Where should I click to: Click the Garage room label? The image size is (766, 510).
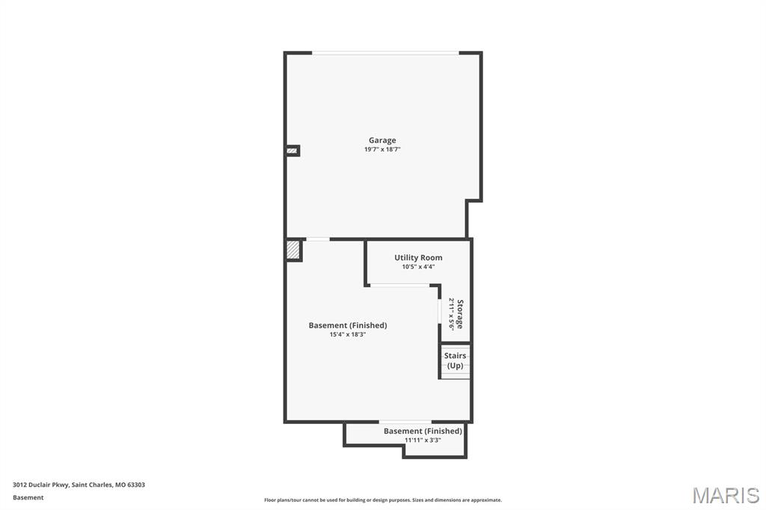(382, 140)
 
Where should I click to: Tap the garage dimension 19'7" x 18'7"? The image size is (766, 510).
(382, 150)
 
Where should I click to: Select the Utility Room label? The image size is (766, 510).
(418, 257)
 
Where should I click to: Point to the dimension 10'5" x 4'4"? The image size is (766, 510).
(418, 267)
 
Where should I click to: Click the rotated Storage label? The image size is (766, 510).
(460, 314)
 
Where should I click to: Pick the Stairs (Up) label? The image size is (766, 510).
(455, 360)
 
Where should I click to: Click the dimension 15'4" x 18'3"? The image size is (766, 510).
(347, 334)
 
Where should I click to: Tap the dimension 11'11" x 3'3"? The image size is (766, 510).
(423, 440)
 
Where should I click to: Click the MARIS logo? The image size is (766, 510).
(726, 495)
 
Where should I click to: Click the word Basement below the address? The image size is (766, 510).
(28, 497)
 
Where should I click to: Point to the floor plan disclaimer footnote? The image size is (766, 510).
(383, 500)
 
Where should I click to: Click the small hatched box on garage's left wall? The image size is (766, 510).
(292, 151)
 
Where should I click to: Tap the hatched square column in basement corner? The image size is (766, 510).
(293, 250)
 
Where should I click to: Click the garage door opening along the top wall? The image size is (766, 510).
(385, 53)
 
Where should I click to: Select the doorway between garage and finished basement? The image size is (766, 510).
(318, 239)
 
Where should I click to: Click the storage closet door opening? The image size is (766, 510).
(439, 311)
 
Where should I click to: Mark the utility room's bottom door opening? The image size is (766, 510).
(399, 285)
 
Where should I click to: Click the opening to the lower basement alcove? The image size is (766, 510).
(405, 422)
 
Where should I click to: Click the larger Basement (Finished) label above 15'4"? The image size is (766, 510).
(347, 325)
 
